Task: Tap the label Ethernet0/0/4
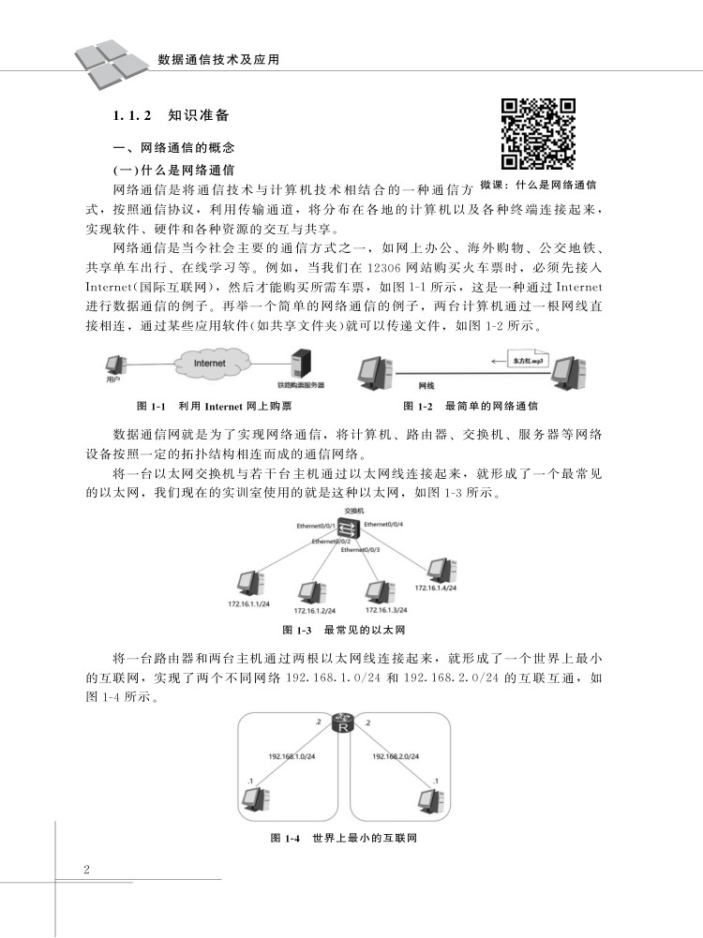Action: [x=383, y=524]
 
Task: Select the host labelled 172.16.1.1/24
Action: [x=248, y=585]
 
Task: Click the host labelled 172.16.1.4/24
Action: [x=436, y=570]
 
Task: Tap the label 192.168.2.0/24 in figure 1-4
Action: [x=396, y=754]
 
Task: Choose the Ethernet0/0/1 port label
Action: [x=316, y=527]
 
